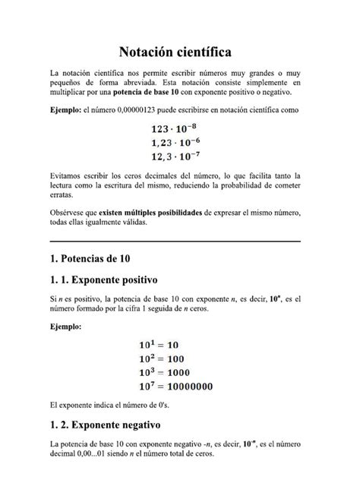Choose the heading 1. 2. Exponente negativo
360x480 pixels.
(x=112, y=425)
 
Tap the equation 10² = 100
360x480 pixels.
(x=172, y=358)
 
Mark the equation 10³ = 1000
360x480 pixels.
(x=175, y=371)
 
